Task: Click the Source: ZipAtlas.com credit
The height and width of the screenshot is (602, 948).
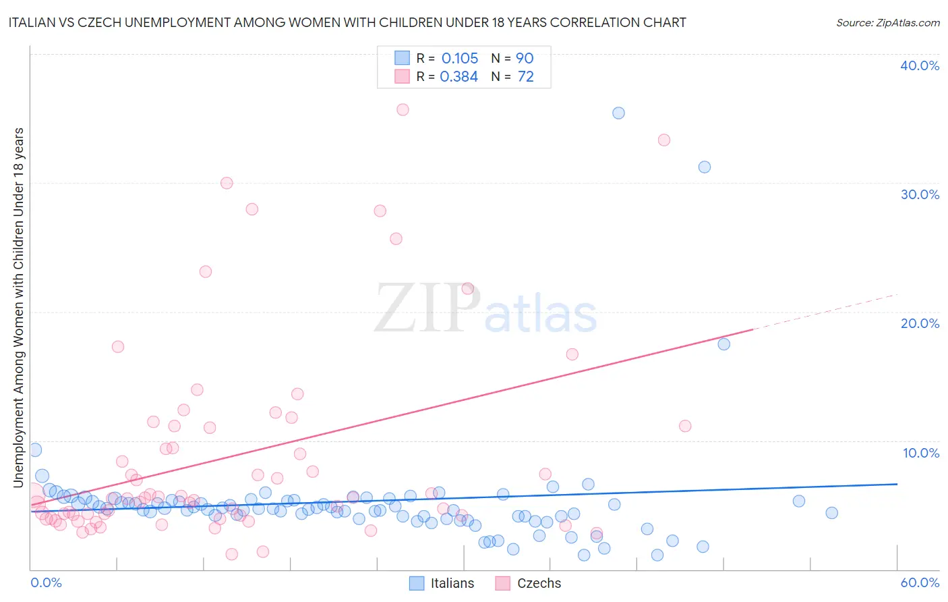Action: tap(887, 22)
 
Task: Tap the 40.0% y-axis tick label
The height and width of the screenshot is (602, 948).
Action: tap(920, 65)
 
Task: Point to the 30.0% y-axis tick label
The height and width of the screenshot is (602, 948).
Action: tap(920, 194)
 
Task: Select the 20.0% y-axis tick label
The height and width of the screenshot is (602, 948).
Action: tap(920, 323)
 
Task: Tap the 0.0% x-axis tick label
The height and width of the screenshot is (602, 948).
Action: tap(47, 582)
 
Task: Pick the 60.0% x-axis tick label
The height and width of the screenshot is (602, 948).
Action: tap(920, 582)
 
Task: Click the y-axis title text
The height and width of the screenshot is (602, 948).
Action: tap(18, 307)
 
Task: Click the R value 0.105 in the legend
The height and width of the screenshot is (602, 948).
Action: tap(460, 59)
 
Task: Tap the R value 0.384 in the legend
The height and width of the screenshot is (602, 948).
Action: tap(459, 77)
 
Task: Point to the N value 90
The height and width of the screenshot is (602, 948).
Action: tap(525, 59)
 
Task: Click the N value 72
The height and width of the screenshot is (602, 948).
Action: tap(525, 77)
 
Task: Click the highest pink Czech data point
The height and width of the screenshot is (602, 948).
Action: tap(403, 109)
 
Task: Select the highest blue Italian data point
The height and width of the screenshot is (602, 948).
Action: tap(618, 113)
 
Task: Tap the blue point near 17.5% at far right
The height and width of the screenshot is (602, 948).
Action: tap(723, 344)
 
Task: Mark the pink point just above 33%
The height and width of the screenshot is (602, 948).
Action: tap(663, 140)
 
